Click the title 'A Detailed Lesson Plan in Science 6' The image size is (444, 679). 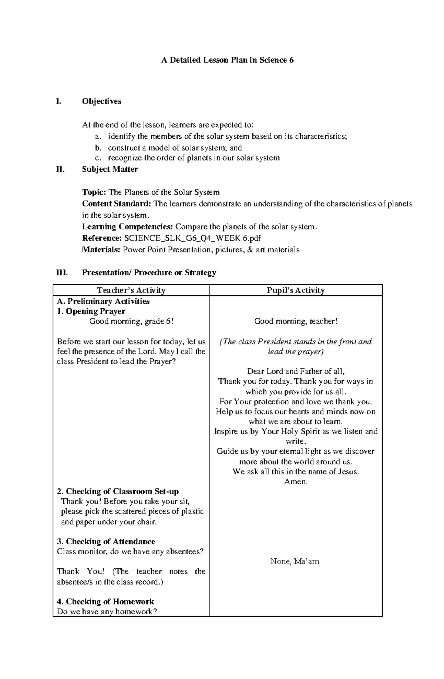(227, 60)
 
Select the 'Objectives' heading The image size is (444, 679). (102, 101)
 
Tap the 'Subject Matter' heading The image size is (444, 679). (110, 169)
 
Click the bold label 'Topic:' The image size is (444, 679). (94, 192)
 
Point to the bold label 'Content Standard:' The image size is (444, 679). (117, 204)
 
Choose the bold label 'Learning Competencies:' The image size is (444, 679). (127, 227)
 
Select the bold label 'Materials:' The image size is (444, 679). (101, 250)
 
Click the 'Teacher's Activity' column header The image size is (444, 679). (131, 290)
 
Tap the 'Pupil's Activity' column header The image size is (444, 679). (296, 290)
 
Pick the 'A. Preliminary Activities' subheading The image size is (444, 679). (103, 301)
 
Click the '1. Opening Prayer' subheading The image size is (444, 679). (91, 311)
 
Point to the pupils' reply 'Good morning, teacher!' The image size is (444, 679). (296, 322)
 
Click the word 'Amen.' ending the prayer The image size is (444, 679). (296, 482)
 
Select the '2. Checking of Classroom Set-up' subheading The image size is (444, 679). (118, 492)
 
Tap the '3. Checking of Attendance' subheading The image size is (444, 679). (106, 542)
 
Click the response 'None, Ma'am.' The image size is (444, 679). (296, 562)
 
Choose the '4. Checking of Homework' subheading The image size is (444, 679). (105, 602)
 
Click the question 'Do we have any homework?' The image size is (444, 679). (107, 612)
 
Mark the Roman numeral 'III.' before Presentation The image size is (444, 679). (61, 273)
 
